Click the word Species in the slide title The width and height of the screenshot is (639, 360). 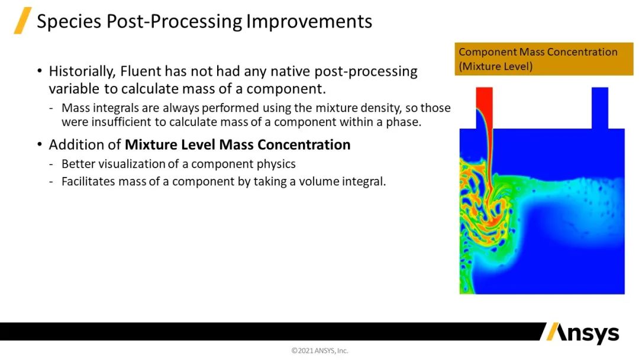coord(69,21)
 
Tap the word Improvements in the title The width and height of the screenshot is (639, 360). coord(309,21)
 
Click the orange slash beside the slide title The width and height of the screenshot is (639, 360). coord(23,20)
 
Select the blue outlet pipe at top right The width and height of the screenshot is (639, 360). coord(600,108)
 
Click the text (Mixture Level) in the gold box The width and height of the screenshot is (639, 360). coord(496,66)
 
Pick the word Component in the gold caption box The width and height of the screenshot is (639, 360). coord(488,52)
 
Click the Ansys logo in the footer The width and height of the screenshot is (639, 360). coord(583,333)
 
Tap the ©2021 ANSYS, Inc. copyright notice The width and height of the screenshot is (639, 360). coord(319,351)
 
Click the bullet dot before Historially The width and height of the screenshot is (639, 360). coord(40,71)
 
